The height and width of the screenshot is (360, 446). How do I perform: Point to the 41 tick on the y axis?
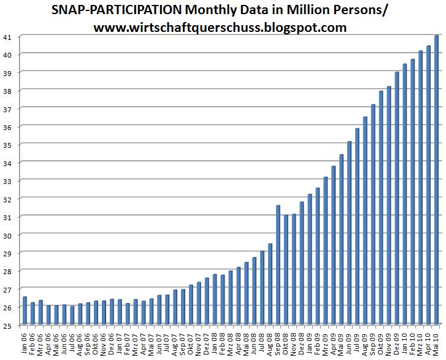[x=7, y=37]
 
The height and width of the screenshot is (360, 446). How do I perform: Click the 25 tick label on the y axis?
[x=7, y=325]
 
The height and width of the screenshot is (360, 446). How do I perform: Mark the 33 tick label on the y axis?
[x=7, y=181]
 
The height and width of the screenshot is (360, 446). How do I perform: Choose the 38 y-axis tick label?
[x=7, y=91]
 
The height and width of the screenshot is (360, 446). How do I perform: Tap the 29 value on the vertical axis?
[x=7, y=253]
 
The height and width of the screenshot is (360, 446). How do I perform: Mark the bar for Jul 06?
[x=72, y=315]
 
